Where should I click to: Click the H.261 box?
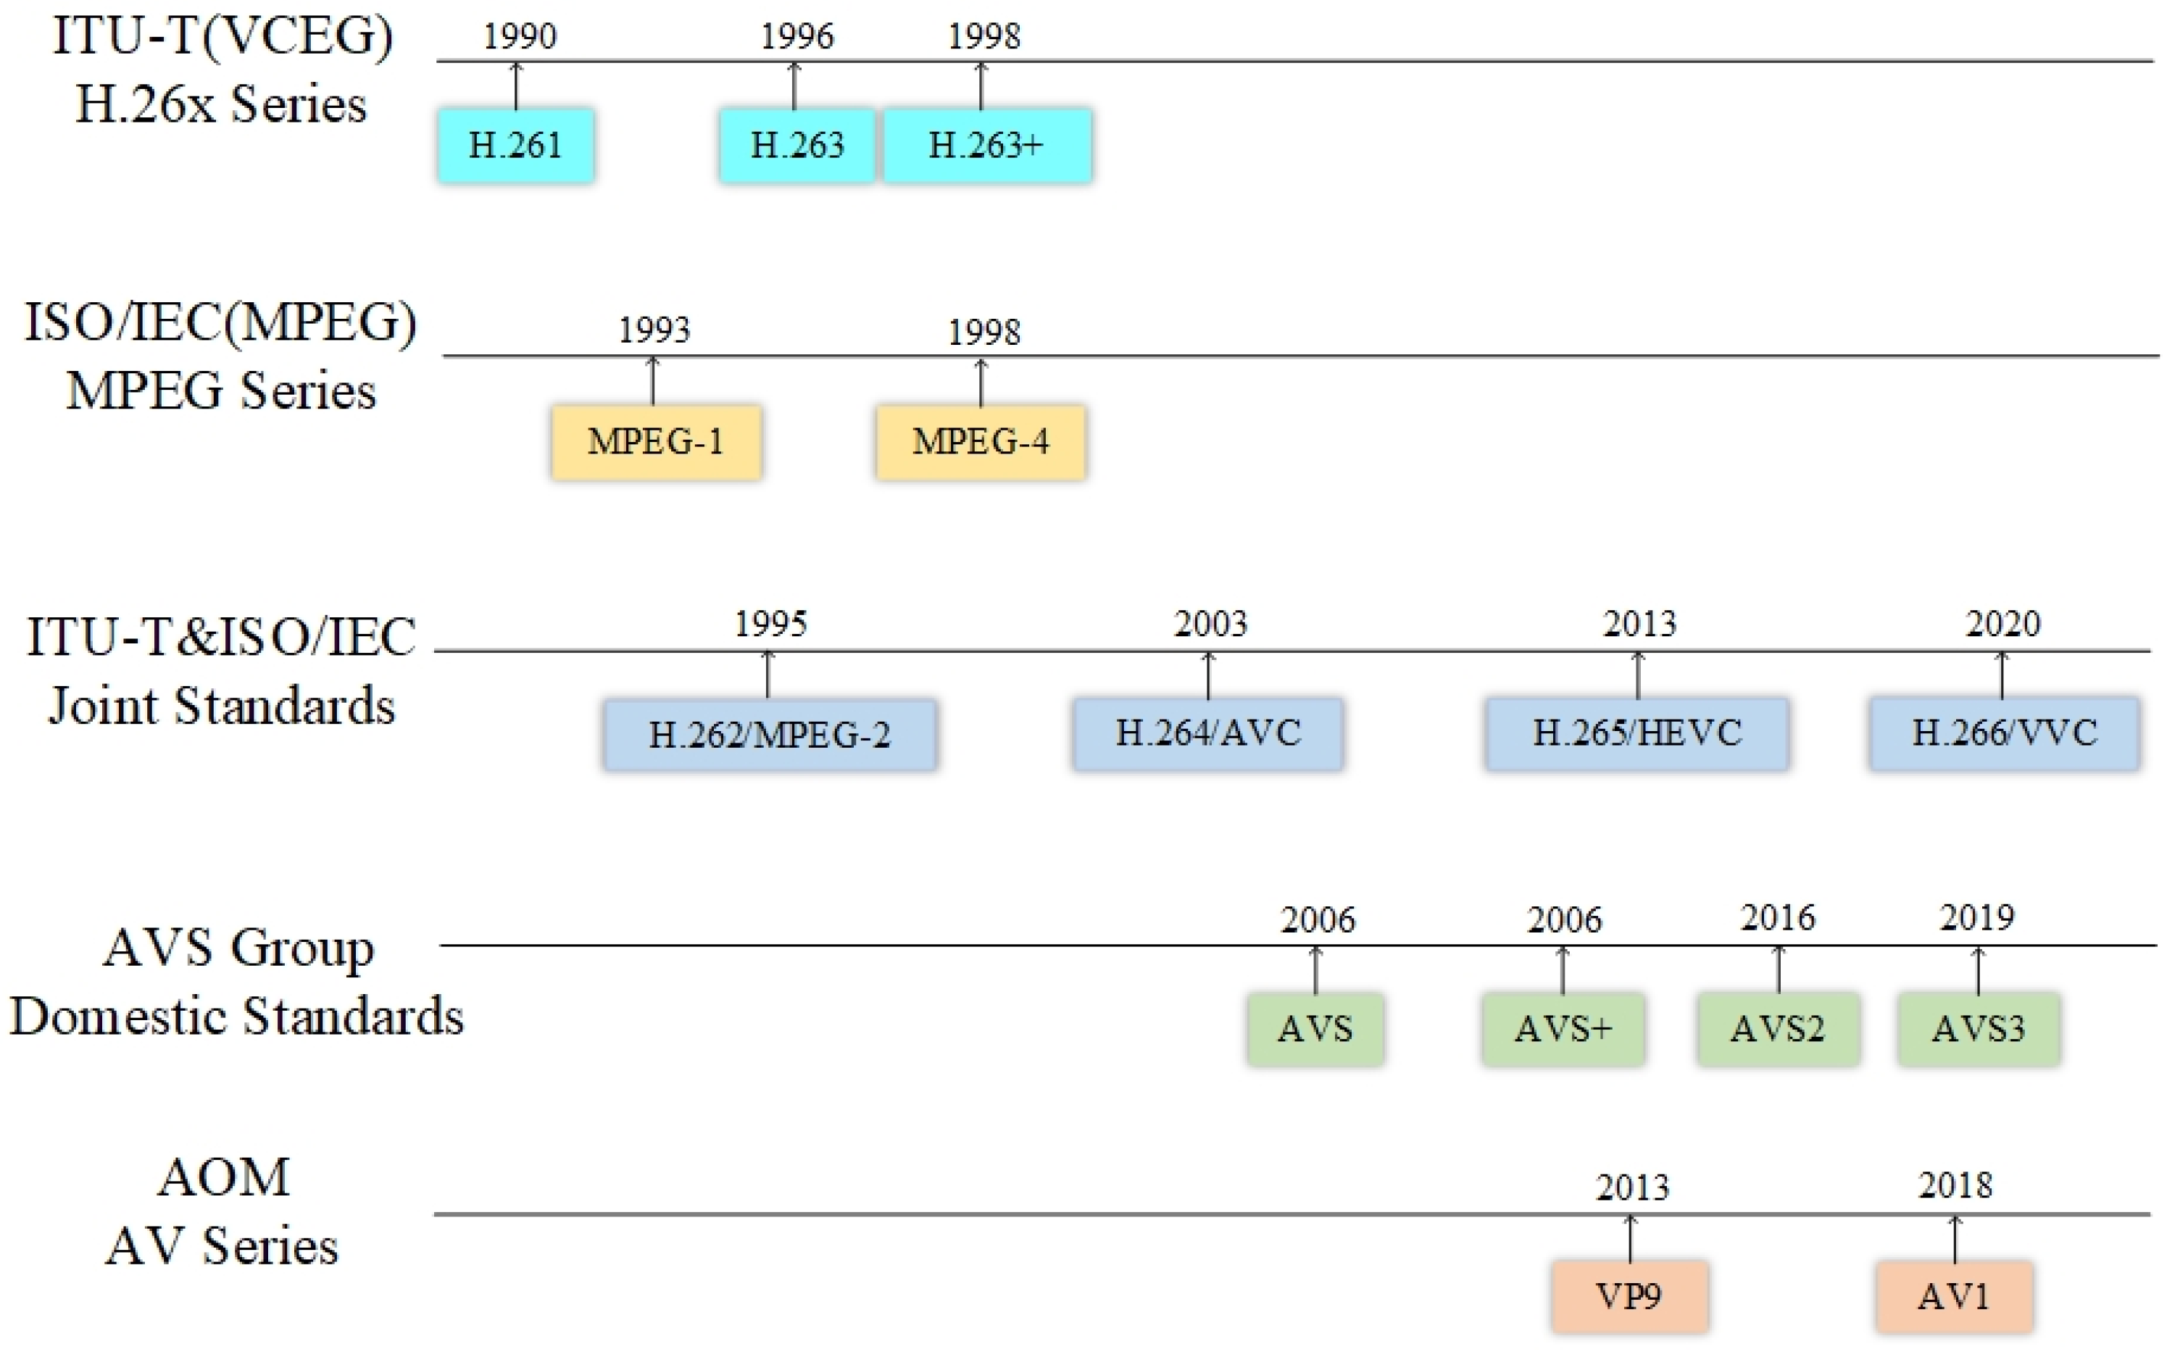pos(515,146)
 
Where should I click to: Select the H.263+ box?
pos(986,146)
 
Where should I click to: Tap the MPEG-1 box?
pos(656,442)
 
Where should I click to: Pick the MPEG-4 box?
pos(980,442)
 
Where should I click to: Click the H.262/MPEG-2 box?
pos(769,734)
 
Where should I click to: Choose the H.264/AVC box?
pos(1207,733)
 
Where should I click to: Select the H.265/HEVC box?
pos(1636,733)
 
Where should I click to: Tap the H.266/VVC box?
pos(2003,733)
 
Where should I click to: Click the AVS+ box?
pos(1563,1028)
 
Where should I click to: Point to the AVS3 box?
pos(1977,1028)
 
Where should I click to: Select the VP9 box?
pos(1629,1295)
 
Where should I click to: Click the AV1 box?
pos(1953,1295)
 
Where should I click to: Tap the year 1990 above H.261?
pos(520,37)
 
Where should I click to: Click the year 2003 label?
pos(1210,623)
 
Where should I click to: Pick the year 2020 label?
pos(2002,623)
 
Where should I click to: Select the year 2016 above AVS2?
pos(1777,917)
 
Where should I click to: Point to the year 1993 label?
pos(654,330)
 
